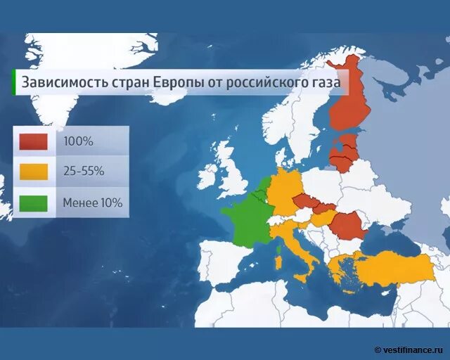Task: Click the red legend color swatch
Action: coord(34,141)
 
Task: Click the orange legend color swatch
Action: coord(34,172)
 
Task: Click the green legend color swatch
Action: coord(34,202)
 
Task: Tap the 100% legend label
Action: coord(78,141)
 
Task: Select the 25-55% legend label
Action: coord(84,172)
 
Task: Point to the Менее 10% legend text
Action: coord(92,202)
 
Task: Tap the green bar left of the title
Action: coord(14,82)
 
